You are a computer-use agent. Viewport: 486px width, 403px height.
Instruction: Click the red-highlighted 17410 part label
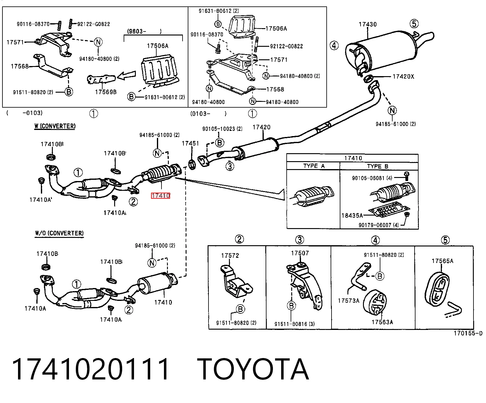(x=161, y=196)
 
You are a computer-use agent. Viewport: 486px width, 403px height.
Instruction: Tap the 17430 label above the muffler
(x=368, y=24)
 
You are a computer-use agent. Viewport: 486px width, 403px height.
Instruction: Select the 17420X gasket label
(x=403, y=76)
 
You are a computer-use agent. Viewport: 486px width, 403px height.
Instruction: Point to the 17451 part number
(x=190, y=143)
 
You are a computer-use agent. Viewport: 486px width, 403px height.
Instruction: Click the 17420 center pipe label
(x=261, y=127)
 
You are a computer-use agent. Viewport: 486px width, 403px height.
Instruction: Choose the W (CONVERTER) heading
(x=55, y=126)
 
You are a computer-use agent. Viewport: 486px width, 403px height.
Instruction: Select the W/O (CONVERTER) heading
(x=59, y=233)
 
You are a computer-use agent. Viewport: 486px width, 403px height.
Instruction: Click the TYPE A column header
(x=314, y=166)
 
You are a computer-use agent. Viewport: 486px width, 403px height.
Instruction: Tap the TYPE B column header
(x=378, y=166)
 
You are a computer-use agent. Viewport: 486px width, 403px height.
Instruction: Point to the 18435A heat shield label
(x=352, y=216)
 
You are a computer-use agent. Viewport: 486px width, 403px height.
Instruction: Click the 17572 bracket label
(x=230, y=256)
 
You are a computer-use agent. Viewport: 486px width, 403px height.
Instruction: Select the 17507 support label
(x=300, y=253)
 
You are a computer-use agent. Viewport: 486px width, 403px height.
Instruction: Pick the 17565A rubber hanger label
(x=442, y=261)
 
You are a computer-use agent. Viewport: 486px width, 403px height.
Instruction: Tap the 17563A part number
(x=382, y=322)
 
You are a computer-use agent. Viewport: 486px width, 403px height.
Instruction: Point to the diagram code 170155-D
(x=468, y=334)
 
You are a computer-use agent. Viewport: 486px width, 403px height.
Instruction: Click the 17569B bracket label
(x=106, y=92)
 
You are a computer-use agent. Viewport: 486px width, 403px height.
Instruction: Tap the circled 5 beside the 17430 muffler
(x=414, y=24)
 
